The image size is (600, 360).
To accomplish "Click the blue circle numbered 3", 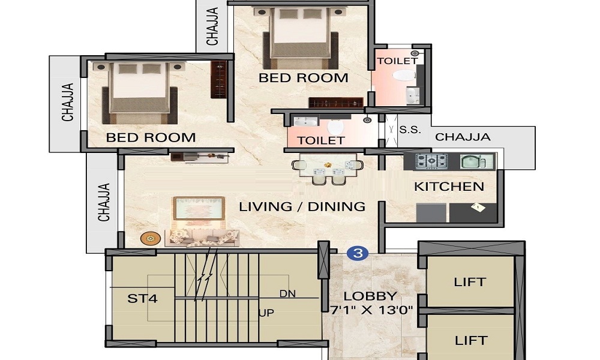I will tap(358, 253).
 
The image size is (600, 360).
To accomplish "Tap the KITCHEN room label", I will tap(449, 187).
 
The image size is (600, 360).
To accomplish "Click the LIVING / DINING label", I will tap(302, 206).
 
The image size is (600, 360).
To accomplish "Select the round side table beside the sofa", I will tap(150, 238).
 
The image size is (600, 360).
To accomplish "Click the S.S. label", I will tap(409, 129).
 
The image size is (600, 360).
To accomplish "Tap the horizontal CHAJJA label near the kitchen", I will tap(463, 137).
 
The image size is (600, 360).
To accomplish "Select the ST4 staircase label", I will tap(142, 298).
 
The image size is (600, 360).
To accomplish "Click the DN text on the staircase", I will tap(287, 293).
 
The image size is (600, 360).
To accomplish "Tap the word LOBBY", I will tap(370, 296).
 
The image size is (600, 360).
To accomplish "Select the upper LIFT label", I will tap(470, 281).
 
